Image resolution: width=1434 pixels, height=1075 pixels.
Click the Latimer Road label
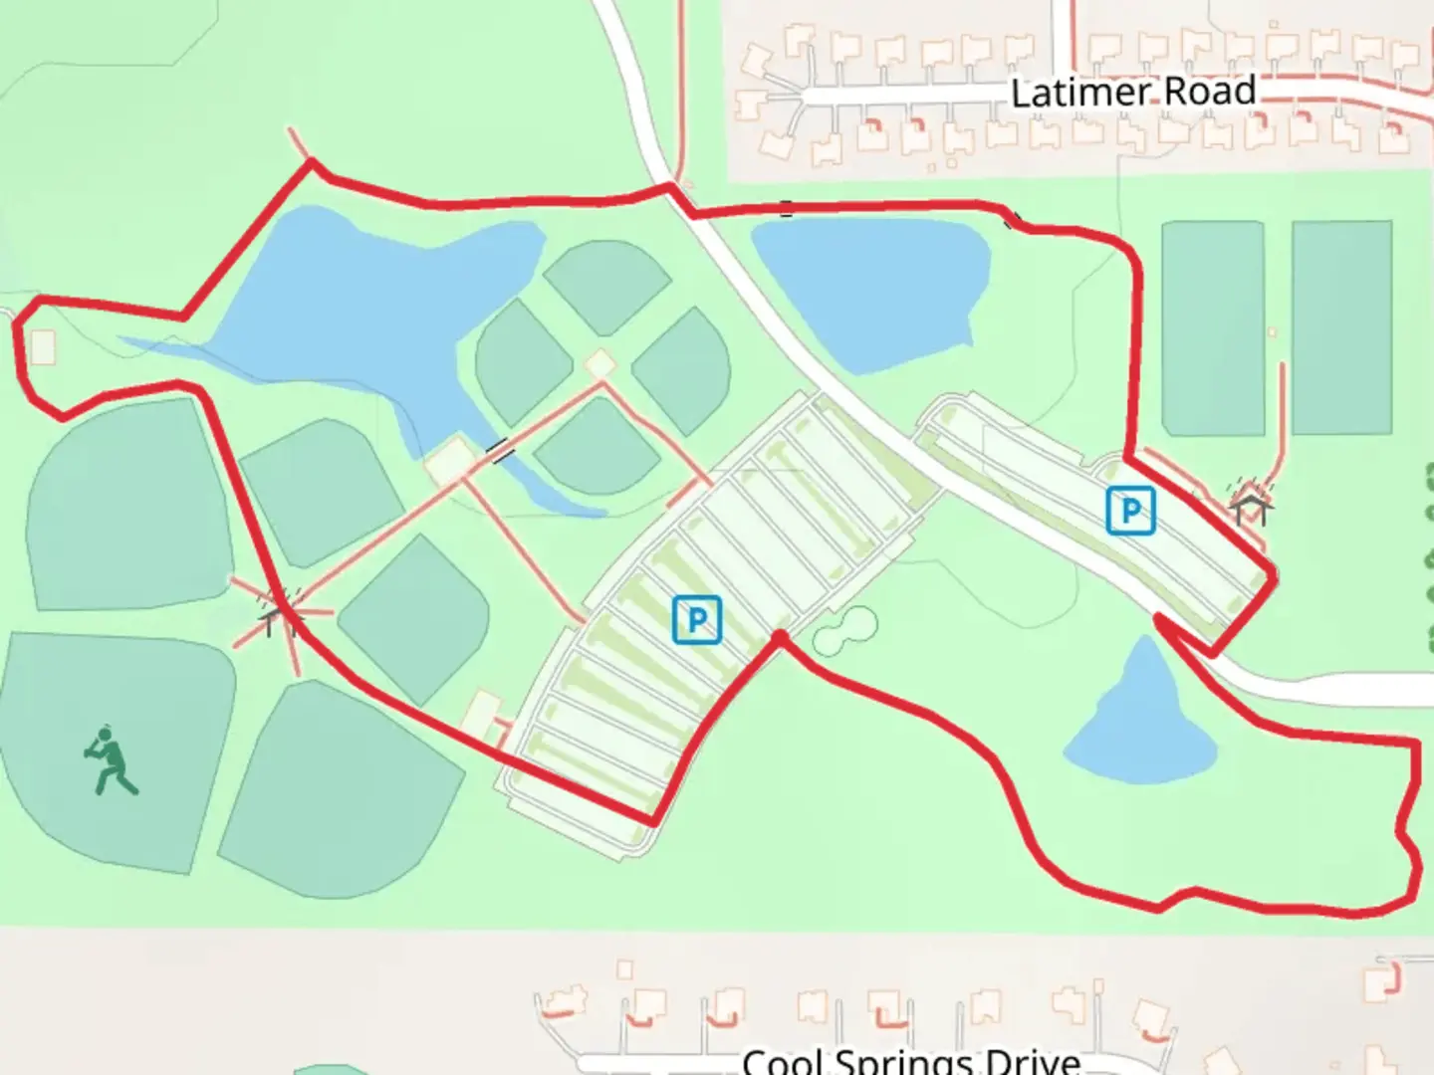(x=1132, y=93)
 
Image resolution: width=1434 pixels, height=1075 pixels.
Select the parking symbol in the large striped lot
(x=697, y=619)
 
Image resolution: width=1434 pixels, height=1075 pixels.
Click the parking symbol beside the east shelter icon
(x=1130, y=511)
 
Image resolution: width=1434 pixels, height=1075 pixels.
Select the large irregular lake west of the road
(x=358, y=299)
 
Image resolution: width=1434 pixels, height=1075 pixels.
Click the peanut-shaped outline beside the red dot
(x=844, y=631)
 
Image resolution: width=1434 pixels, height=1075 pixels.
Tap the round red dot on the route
(x=780, y=636)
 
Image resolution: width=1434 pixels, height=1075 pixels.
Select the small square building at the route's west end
(x=43, y=347)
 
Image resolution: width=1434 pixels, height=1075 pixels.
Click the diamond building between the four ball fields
(x=599, y=364)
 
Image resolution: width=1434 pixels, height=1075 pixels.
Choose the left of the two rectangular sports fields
(x=1213, y=328)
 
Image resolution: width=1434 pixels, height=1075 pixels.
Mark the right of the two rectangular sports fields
(x=1341, y=328)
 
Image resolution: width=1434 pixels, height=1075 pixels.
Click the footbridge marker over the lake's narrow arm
(x=501, y=451)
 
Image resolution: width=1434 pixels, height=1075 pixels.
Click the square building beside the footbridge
(x=450, y=460)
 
